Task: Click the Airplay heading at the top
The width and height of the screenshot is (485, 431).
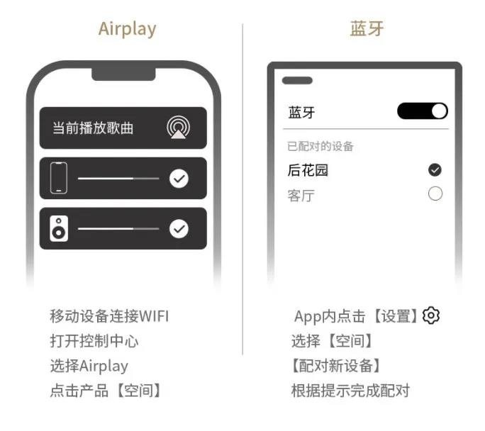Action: [x=127, y=29]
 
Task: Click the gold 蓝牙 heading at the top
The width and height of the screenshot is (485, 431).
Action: [x=367, y=28]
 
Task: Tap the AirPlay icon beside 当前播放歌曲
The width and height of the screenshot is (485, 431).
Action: [x=179, y=128]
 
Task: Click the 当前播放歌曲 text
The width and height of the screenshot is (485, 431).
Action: [x=93, y=128]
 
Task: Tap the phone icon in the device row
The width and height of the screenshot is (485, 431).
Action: [x=59, y=178]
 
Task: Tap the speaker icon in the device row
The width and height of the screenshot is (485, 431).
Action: [x=59, y=228]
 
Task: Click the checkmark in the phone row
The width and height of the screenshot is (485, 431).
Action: [x=179, y=179]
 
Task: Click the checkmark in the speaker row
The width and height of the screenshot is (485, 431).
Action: [x=179, y=229]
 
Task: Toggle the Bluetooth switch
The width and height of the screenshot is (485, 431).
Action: [x=423, y=111]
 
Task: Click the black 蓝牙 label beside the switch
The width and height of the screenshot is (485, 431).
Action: [x=301, y=112]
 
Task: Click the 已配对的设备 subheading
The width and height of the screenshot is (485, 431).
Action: [x=320, y=146]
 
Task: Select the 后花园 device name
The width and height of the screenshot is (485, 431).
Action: [x=308, y=170]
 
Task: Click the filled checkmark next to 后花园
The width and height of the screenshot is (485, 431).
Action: [x=435, y=169]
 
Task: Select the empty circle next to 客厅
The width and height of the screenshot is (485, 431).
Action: [x=435, y=194]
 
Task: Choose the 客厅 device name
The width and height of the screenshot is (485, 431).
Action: [x=301, y=196]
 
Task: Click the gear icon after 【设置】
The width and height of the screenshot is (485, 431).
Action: [x=431, y=315]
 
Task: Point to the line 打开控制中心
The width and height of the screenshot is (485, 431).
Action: [x=94, y=341]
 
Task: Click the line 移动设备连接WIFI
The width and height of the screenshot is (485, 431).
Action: [x=109, y=316]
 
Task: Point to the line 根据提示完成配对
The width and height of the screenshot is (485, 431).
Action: [x=350, y=391]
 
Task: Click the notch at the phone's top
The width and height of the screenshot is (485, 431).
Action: [x=123, y=74]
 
